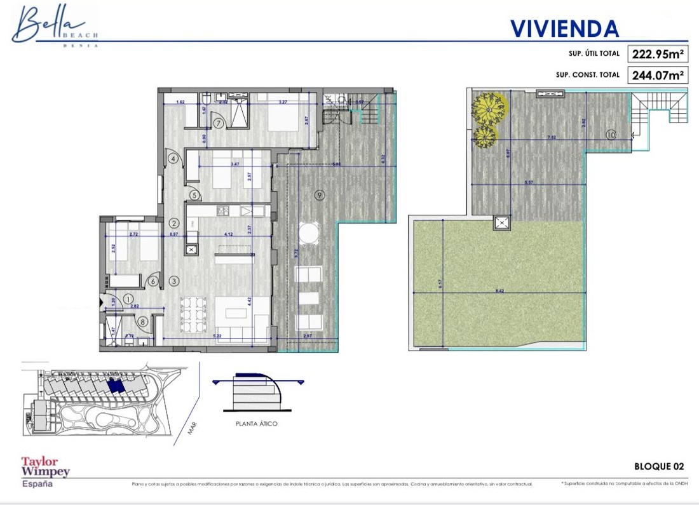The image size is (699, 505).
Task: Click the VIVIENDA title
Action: coord(564,28)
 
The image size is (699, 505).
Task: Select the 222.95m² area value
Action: coord(658,54)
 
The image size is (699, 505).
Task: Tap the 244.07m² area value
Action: coord(658,75)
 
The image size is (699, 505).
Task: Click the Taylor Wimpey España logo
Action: coord(45,471)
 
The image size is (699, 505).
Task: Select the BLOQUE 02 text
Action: coord(659,466)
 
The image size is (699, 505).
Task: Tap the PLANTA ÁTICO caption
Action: coord(256,424)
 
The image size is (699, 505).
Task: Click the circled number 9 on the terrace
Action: coord(319,194)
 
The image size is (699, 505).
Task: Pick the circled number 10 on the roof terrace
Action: coord(610,134)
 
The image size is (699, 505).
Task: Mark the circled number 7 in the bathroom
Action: coord(218,123)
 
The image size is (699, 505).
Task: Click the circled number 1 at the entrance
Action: coord(128,298)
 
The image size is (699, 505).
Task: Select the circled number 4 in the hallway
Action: coord(172,159)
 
